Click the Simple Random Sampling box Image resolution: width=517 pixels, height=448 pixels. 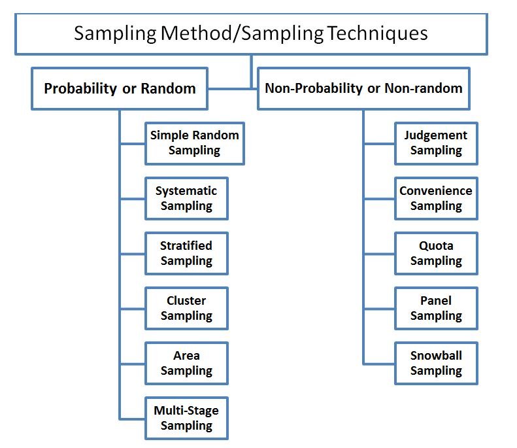click(194, 143)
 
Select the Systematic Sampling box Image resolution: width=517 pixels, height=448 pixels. click(186, 198)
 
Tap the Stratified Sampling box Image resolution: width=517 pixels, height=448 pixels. click(186, 253)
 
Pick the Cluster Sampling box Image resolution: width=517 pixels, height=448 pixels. click(186, 308)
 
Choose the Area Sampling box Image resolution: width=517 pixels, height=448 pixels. click(186, 363)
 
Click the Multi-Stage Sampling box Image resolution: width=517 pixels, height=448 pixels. click(186, 418)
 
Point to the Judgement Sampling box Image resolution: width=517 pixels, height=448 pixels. click(436, 143)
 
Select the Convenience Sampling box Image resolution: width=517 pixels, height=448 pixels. click(436, 198)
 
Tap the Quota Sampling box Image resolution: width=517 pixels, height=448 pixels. click(436, 253)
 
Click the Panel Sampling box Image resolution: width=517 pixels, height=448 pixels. click(436, 308)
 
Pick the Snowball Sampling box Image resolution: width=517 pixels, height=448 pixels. click(436, 363)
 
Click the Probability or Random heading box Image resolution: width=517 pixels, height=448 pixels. click(120, 88)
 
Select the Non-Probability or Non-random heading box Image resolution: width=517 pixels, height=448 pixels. click(363, 88)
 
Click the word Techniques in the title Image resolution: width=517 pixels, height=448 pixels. click(377, 33)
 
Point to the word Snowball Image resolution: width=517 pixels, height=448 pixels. click(436, 356)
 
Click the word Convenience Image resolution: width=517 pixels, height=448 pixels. click(436, 191)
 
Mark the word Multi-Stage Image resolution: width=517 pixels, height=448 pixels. click(186, 411)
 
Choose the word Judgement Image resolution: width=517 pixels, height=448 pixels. click(436, 136)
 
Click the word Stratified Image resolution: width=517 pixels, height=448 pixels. click(186, 246)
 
